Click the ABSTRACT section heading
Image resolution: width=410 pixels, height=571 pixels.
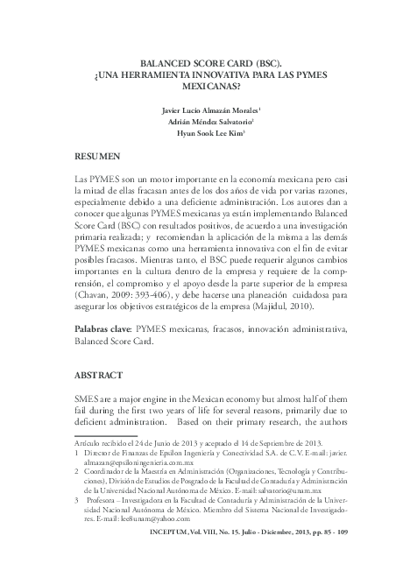pos(98,374)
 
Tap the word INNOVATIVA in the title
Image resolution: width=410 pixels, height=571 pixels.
pos(214,75)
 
